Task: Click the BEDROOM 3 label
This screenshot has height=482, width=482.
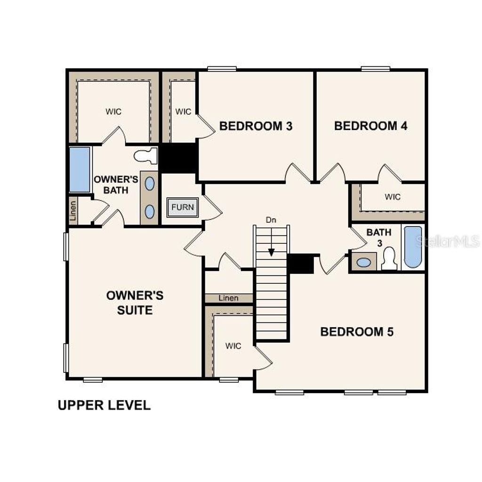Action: pyautogui.click(x=256, y=126)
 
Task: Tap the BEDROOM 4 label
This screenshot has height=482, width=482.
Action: pyautogui.click(x=370, y=126)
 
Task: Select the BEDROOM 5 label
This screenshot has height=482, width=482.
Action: pyautogui.click(x=357, y=332)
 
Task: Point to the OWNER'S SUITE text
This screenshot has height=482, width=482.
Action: pyautogui.click(x=135, y=303)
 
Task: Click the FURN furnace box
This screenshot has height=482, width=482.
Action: pyautogui.click(x=182, y=207)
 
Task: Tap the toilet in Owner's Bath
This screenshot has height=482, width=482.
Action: pyautogui.click(x=145, y=156)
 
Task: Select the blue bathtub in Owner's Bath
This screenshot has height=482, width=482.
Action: pyautogui.click(x=80, y=169)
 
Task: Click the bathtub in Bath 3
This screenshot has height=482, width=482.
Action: pyautogui.click(x=413, y=247)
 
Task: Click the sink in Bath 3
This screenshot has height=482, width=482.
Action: pyautogui.click(x=363, y=262)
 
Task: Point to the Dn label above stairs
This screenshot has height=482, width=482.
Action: pyautogui.click(x=271, y=220)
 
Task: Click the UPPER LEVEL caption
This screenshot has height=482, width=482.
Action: pyautogui.click(x=104, y=405)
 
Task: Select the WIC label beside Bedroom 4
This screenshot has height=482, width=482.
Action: pyautogui.click(x=393, y=197)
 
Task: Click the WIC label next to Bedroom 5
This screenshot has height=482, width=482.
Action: pyautogui.click(x=233, y=346)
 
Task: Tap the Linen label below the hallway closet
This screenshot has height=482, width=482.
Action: pyautogui.click(x=229, y=298)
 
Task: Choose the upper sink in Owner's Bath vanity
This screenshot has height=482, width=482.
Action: pyautogui.click(x=149, y=183)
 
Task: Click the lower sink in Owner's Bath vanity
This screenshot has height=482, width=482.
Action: pyautogui.click(x=149, y=211)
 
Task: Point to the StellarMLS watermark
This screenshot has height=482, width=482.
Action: pyautogui.click(x=447, y=242)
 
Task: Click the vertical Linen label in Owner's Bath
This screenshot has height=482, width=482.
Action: pyautogui.click(x=72, y=210)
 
